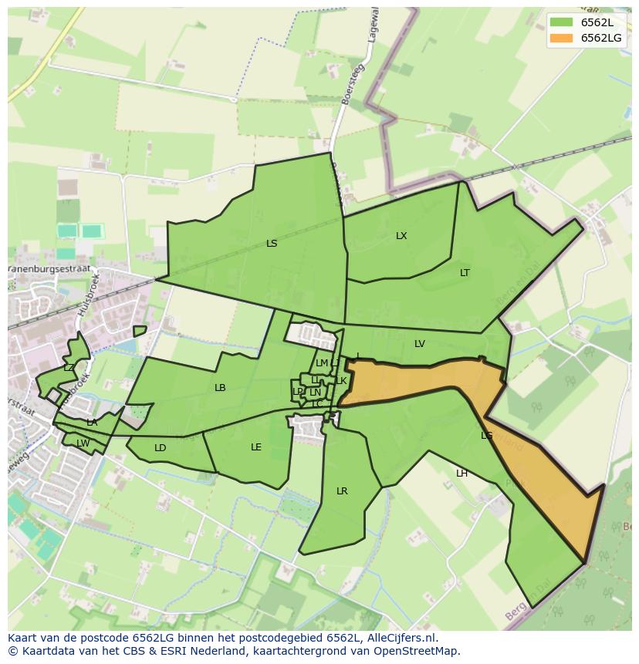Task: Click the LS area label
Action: click(x=272, y=244)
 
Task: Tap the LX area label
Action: click(x=401, y=236)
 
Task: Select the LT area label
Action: click(x=465, y=273)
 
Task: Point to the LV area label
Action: click(x=420, y=344)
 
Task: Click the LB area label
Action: click(x=220, y=388)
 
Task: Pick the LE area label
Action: click(x=256, y=447)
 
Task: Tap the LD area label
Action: click(x=160, y=448)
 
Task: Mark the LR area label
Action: click(x=342, y=491)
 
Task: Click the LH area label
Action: click(x=461, y=474)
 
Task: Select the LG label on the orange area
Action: click(x=486, y=436)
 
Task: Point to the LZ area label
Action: click(x=69, y=368)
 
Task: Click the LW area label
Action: click(x=83, y=443)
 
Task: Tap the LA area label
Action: click(x=92, y=423)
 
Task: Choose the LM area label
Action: click(x=322, y=363)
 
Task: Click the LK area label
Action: click(x=341, y=381)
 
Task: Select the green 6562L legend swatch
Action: click(x=563, y=22)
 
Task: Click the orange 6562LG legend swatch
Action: click(x=563, y=38)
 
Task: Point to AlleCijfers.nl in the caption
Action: click(x=400, y=638)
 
